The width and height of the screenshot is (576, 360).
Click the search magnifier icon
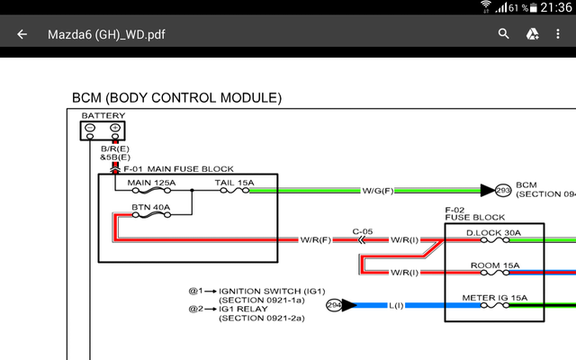pos(504,35)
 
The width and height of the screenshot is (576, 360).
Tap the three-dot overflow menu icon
pos(560,35)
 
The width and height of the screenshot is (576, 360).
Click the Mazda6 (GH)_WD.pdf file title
pos(106,35)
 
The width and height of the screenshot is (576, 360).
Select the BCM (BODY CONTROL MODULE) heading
pos(176,97)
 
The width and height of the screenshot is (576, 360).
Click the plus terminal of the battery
pos(115,128)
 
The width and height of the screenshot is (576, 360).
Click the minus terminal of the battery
pos(90,128)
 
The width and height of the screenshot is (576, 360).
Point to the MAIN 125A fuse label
pos(152,183)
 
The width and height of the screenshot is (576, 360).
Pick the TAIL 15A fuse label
pos(234,183)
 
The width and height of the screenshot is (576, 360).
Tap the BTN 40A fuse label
pos(149,207)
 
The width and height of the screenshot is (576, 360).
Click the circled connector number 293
pos(503,191)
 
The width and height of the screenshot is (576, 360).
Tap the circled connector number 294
pos(334,306)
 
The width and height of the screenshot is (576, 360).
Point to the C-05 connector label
pos(362,230)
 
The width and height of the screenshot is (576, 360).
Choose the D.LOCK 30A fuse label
pos(493,233)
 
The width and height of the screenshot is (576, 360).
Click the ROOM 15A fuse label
pos(493,265)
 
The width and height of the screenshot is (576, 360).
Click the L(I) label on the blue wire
pos(396,306)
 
